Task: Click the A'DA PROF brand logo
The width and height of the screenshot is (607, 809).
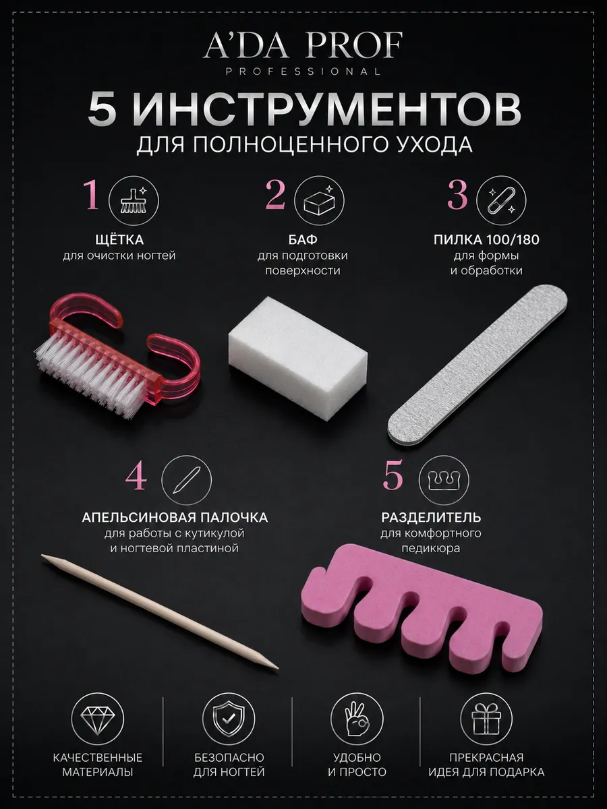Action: (303, 53)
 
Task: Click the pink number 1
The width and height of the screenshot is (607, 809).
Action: (92, 195)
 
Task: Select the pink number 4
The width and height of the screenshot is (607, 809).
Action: (136, 478)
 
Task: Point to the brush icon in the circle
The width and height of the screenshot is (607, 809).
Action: (134, 201)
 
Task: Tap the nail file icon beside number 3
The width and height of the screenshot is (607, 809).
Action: (501, 201)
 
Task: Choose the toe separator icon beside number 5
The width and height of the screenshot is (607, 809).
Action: (444, 480)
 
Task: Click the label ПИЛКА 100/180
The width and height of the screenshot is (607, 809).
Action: (486, 240)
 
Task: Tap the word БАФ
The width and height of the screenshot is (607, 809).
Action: (303, 240)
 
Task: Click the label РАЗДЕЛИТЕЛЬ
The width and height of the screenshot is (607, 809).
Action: (431, 518)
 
